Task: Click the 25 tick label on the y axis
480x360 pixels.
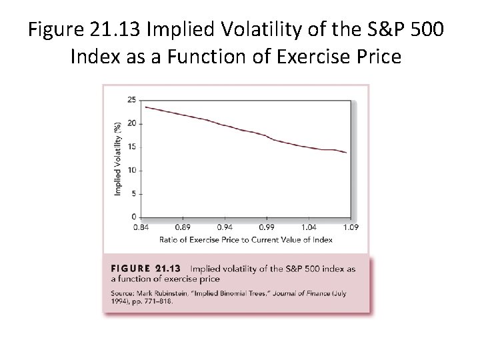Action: (x=131, y=100)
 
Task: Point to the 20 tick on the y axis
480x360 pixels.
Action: (x=131, y=123)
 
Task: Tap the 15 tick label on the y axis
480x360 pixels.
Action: (x=131, y=147)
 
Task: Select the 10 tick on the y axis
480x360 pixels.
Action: (x=131, y=170)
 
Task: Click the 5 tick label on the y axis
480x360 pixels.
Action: (x=133, y=194)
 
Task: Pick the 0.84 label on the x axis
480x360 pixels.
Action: (x=141, y=227)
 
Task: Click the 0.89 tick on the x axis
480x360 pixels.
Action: (x=183, y=227)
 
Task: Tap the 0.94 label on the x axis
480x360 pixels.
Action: (x=225, y=227)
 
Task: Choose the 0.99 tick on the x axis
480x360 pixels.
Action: (x=267, y=227)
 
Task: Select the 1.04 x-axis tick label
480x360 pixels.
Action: (x=309, y=227)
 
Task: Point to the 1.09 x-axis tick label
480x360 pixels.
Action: (x=351, y=227)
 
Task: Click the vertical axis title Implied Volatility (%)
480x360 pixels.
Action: (x=118, y=159)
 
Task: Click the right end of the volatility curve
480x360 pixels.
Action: (x=347, y=153)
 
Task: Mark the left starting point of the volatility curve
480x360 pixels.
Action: (x=145, y=107)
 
